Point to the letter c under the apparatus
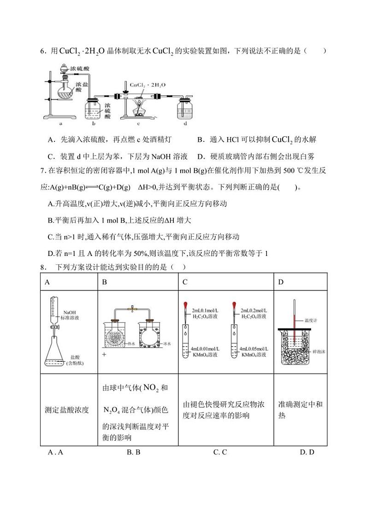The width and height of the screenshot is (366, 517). [x=138, y=124]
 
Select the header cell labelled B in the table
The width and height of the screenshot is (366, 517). [x=104, y=282]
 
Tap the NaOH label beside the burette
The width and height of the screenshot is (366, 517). [x=70, y=312]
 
